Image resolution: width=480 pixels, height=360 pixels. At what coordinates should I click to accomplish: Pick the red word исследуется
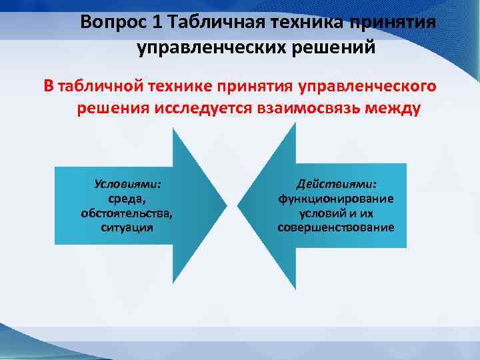209,109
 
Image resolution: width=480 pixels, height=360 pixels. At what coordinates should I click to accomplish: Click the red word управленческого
369,86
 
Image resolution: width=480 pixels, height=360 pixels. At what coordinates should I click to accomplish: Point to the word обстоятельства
126,213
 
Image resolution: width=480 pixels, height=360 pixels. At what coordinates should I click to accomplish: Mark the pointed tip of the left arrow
226,203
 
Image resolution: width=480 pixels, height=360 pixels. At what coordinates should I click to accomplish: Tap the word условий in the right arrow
319,213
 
